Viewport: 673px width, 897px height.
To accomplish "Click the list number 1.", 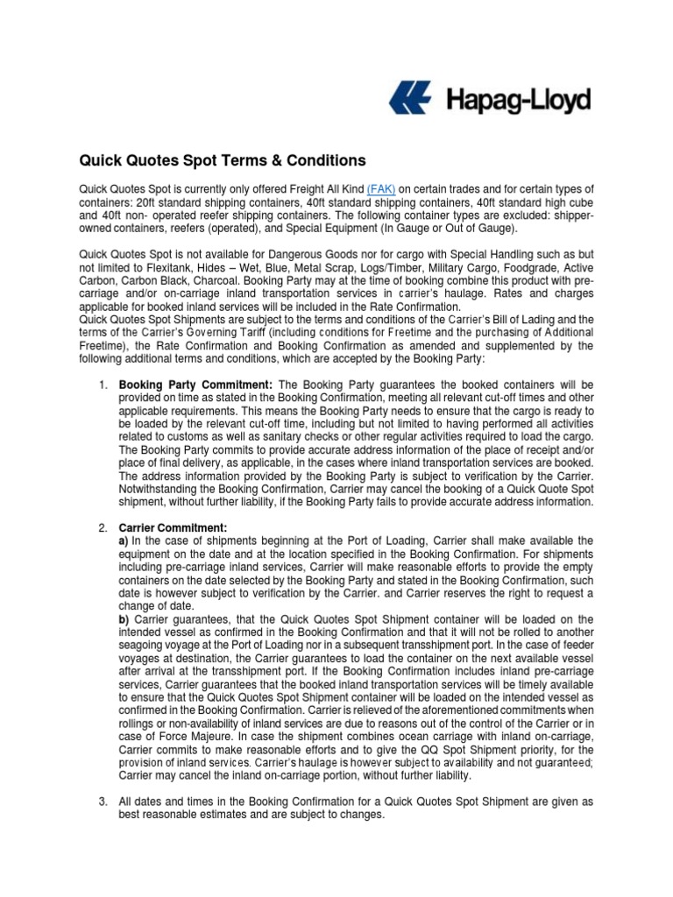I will click(x=101, y=385).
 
